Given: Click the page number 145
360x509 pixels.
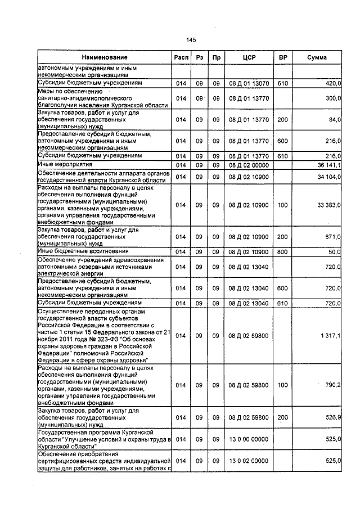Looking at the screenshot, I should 190,40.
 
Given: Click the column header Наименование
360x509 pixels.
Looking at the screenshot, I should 104,57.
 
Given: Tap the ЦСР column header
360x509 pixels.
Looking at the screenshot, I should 249,57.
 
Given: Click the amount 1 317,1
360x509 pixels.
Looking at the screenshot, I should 330,336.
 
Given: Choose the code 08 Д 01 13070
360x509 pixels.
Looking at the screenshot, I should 249,83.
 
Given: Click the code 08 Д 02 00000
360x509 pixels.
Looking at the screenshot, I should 249,165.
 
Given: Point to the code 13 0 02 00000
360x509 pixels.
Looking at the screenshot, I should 249,461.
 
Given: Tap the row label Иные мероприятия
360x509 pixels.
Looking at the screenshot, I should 60,165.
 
